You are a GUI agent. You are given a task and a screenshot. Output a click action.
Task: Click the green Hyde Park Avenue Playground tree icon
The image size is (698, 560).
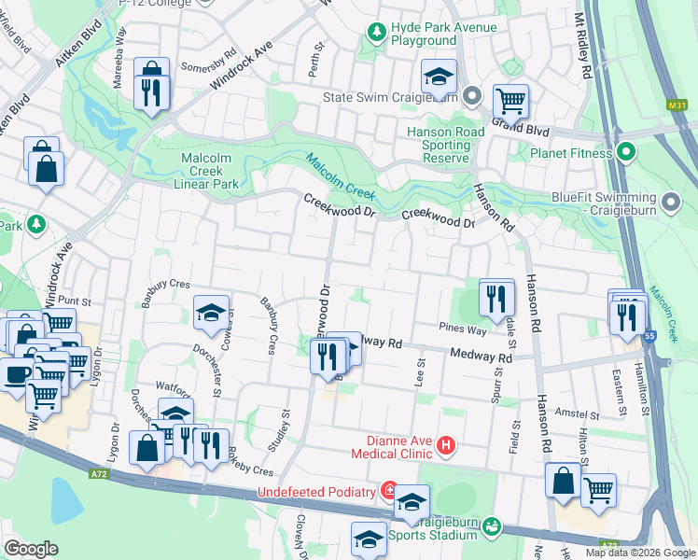376,34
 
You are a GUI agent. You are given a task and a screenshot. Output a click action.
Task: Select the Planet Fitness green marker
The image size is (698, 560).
627,152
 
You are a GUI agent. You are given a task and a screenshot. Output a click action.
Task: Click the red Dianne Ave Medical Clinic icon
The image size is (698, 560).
446,446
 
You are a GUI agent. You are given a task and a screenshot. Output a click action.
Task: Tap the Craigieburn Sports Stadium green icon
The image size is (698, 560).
492,529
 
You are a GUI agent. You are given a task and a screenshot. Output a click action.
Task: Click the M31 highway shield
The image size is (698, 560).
678,106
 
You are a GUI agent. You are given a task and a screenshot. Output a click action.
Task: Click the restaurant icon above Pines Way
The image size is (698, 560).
496,298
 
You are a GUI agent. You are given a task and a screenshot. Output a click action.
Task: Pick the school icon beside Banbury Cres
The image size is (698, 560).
212,313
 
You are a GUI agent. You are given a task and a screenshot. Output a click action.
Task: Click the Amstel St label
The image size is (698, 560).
576,413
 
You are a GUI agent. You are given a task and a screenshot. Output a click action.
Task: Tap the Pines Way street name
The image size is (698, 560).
464,329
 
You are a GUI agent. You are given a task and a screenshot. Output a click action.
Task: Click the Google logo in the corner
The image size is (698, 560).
31,549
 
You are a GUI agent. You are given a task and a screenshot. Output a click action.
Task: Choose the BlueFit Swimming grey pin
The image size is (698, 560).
670,202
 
